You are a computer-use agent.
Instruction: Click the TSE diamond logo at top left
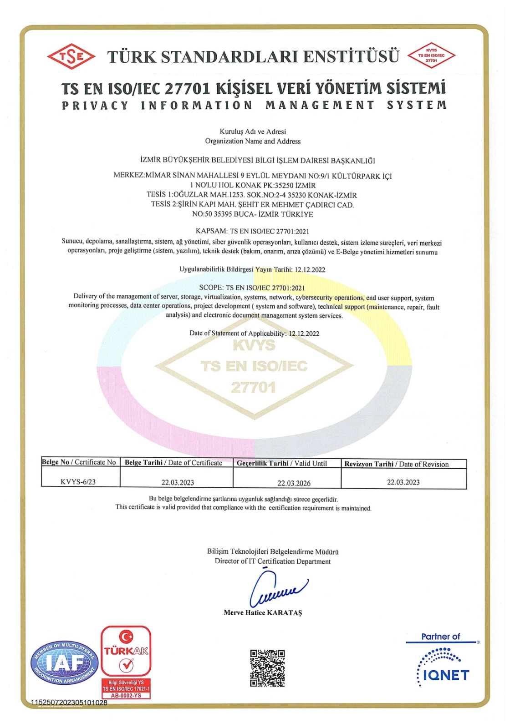[x=71, y=56]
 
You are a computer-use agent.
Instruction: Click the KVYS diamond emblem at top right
[x=431, y=56]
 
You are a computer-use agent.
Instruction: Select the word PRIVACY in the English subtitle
[x=96, y=105]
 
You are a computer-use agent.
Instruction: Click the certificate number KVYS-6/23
[x=78, y=482]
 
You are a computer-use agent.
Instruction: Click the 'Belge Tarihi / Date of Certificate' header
[x=173, y=463]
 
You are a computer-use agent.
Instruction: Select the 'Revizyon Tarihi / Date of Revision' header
[x=396, y=464]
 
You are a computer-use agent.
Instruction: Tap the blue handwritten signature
[x=277, y=589]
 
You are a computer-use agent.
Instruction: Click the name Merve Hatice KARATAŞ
[x=263, y=612]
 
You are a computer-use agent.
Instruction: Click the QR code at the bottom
[x=267, y=668]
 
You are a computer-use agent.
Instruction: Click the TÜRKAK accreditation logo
[x=126, y=651]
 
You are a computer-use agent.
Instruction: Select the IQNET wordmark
[x=446, y=675]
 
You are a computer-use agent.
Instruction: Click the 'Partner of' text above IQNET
[x=440, y=637]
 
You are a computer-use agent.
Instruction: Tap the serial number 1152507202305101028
[x=69, y=703]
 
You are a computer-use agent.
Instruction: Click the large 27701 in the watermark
[x=253, y=387]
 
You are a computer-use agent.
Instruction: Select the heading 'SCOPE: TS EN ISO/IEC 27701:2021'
[x=252, y=288]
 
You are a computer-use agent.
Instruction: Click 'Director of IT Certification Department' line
[x=272, y=561]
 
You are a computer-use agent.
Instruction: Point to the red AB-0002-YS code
[x=126, y=696]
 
